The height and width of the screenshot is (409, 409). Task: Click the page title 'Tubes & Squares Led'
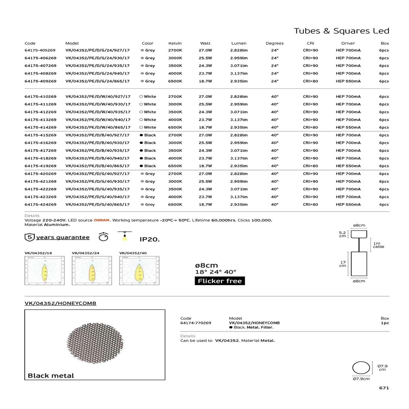click(x=341, y=31)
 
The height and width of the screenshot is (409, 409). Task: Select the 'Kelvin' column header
click(x=175, y=43)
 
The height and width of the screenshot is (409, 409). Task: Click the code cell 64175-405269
click(x=40, y=50)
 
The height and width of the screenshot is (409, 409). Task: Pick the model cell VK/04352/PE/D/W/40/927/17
click(x=98, y=97)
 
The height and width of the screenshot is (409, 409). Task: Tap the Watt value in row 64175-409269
click(x=205, y=81)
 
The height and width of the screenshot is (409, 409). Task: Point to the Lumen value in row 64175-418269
click(x=239, y=158)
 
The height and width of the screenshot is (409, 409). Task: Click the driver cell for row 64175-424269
click(x=348, y=205)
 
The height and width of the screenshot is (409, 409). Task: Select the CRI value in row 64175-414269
click(x=310, y=128)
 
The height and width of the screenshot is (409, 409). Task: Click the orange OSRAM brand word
click(x=101, y=220)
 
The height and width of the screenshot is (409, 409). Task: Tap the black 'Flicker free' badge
click(x=220, y=281)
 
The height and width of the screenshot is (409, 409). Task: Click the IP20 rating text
click(x=149, y=239)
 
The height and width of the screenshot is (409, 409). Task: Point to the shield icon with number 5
click(x=29, y=237)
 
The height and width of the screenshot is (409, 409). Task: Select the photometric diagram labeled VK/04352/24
click(x=92, y=270)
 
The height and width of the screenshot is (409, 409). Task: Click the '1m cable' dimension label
click(x=378, y=245)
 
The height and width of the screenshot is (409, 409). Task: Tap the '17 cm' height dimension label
click(x=343, y=264)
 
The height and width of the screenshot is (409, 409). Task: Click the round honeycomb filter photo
click(x=95, y=344)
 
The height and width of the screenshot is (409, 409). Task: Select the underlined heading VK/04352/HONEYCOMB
click(x=60, y=303)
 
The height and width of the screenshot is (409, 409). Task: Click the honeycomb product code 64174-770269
click(x=196, y=323)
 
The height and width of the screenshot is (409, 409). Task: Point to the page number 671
click(x=384, y=388)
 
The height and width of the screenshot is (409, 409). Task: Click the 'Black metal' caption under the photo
click(x=51, y=376)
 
